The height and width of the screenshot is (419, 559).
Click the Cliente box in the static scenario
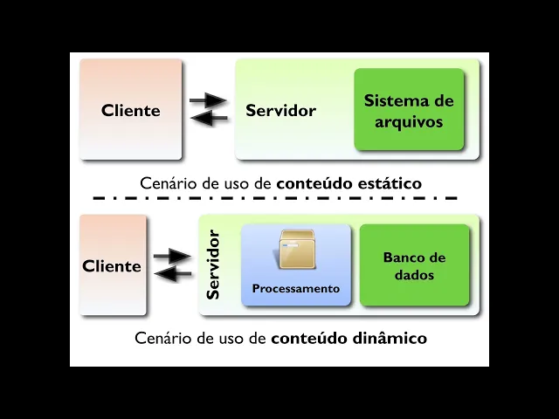point(131,110)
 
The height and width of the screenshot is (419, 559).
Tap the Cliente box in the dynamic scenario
point(112,266)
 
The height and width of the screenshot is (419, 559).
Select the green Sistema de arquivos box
point(409,110)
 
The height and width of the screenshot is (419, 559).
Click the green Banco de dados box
point(414,265)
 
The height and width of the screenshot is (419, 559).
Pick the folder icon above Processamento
point(297,250)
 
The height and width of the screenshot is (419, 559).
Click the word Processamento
point(296,288)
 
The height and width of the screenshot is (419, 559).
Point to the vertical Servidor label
point(212,264)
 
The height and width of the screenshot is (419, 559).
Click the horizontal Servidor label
point(280,111)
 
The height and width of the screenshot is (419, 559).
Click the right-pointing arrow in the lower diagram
point(172,257)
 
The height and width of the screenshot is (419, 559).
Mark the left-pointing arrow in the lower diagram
point(173,274)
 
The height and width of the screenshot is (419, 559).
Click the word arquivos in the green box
point(409,121)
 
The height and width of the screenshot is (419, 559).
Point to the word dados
point(414,275)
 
